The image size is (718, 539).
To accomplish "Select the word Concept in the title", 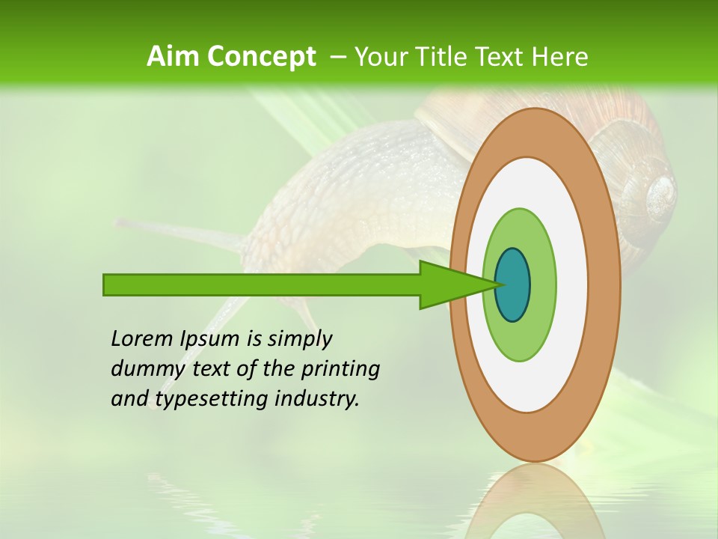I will click(x=262, y=57).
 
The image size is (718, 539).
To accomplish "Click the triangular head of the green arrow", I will click(x=445, y=284).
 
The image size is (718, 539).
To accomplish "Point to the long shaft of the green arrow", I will click(x=262, y=284).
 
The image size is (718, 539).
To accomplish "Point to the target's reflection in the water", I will click(x=535, y=502).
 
